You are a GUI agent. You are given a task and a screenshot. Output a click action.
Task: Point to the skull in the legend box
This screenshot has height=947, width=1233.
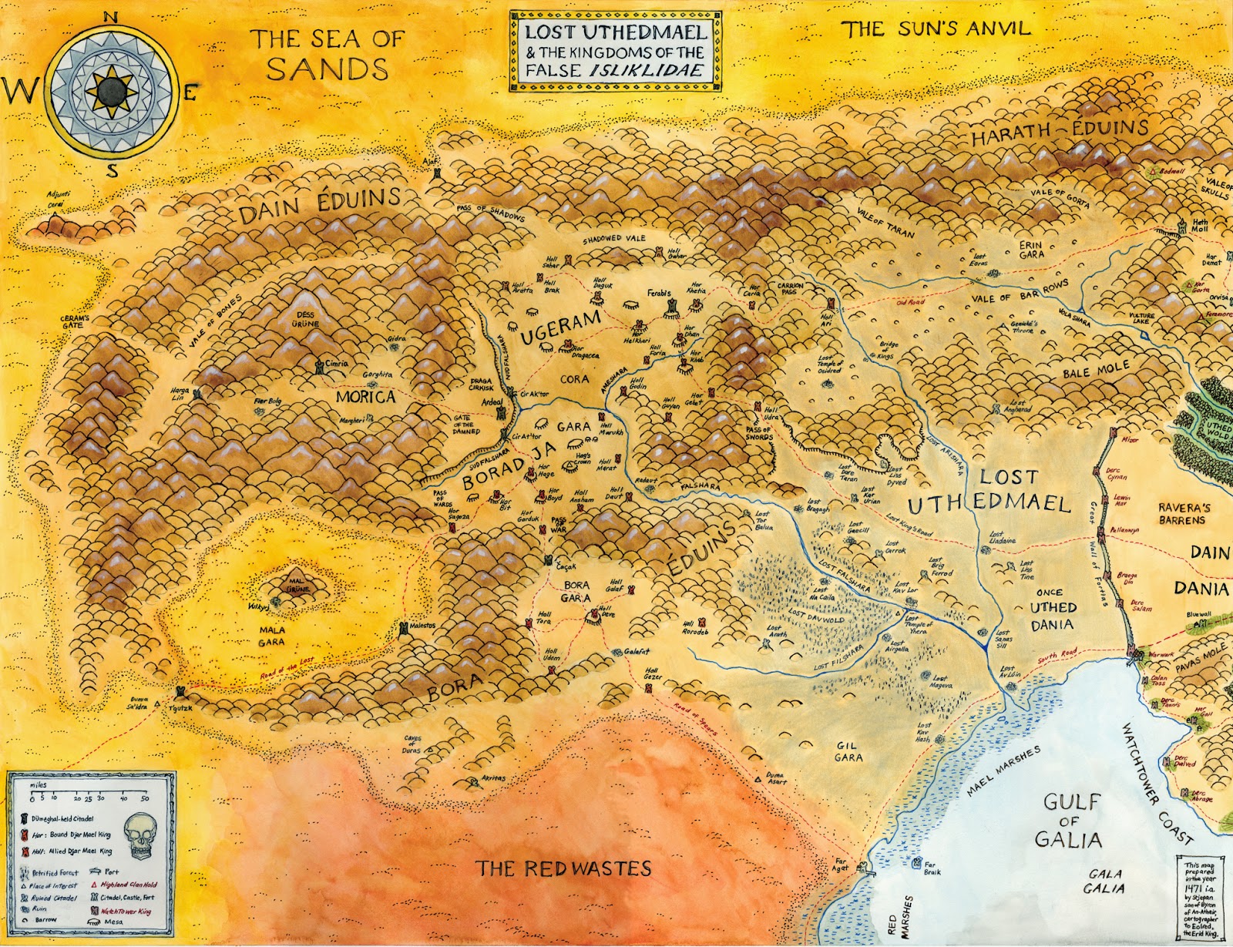pos(142,840)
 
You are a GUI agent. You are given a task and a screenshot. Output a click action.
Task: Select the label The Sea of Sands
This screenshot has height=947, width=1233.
pos(328,54)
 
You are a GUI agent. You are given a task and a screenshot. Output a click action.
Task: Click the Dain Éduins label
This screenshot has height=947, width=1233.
pos(319,206)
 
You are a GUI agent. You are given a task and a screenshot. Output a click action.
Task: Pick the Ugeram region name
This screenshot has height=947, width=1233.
pos(560,328)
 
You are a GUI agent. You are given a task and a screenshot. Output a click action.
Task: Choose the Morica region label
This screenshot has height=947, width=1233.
pos(365,397)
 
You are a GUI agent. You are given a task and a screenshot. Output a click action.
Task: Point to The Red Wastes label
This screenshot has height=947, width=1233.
pos(563,868)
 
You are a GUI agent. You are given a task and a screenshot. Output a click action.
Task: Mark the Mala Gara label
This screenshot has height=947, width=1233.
pos(271,636)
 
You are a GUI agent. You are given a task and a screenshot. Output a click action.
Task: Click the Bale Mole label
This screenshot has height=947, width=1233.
pos(1096,371)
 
